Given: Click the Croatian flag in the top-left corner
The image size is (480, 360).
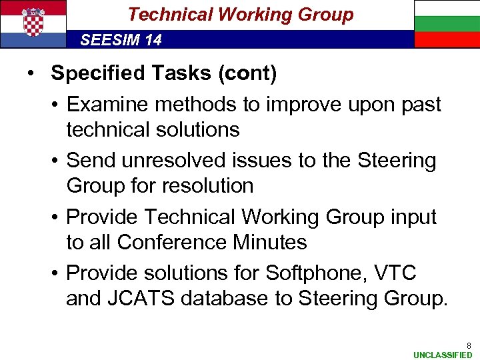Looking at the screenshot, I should (33, 24).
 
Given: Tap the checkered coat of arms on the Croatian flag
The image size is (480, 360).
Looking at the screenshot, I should (33, 23).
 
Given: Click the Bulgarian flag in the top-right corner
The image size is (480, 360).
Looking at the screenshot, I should (447, 24).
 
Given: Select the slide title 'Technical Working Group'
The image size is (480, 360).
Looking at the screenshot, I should (240, 14).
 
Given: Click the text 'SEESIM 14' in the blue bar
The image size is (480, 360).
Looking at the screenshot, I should (121, 40).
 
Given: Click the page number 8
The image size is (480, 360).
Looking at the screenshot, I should (469, 345).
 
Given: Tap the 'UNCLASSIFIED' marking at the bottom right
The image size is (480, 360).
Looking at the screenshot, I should (442, 355).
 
